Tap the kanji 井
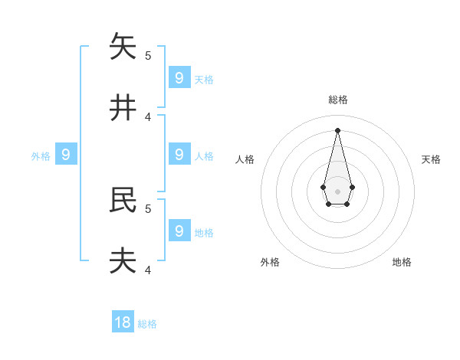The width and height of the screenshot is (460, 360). [123, 107]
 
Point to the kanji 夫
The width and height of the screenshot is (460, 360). [123, 260]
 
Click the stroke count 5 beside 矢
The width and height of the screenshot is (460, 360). [148, 55]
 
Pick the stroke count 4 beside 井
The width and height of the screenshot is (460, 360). [148, 116]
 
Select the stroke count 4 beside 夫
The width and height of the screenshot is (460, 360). [148, 270]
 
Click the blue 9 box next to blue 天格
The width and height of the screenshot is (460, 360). [179, 77]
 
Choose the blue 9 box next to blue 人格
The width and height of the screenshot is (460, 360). [179, 154]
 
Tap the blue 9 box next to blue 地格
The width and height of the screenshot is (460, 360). [179, 231]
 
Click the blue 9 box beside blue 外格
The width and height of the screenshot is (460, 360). [66, 155]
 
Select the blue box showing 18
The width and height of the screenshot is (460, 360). [123, 322]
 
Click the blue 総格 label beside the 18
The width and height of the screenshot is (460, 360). [147, 325]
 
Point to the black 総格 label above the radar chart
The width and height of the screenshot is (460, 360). [338, 100]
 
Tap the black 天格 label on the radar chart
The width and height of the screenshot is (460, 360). [431, 159]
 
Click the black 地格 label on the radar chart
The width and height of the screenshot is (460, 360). [402, 262]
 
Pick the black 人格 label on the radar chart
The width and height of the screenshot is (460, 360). [245, 159]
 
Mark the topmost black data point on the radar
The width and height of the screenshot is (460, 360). [337, 130]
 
